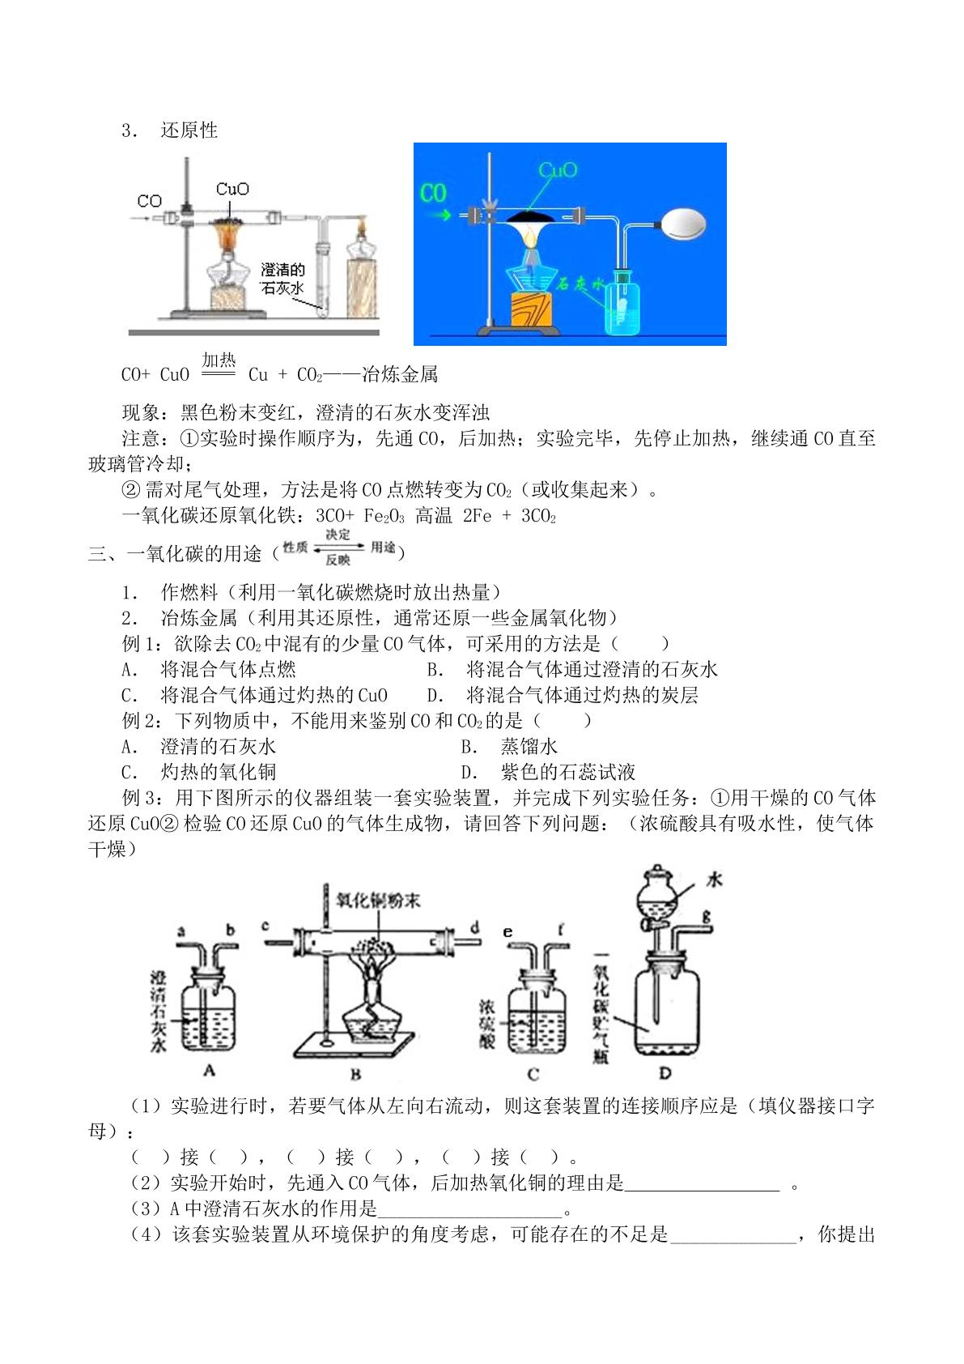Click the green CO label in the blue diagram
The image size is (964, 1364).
click(433, 193)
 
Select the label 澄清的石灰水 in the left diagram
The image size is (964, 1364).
click(282, 279)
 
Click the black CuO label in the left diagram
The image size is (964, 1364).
click(232, 189)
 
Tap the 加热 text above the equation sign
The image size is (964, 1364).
click(219, 360)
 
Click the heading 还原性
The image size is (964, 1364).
click(189, 130)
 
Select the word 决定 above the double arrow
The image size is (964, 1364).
click(338, 535)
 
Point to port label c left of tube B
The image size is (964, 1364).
click(265, 926)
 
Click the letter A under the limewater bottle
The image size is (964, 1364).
click(209, 1070)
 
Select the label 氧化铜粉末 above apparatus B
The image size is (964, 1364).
click(378, 900)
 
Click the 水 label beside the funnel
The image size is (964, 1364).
click(714, 880)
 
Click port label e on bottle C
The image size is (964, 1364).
click(508, 932)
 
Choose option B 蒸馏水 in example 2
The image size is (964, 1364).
click(509, 747)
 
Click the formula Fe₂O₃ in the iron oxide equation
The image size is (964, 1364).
click(384, 517)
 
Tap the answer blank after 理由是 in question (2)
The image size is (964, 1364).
click(703, 1183)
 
